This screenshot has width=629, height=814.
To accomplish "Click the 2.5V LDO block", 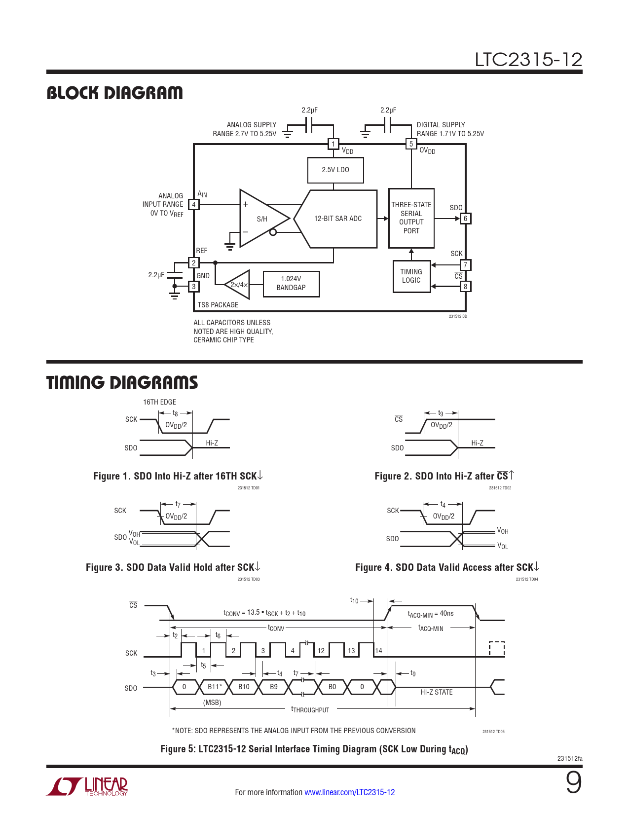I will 335,170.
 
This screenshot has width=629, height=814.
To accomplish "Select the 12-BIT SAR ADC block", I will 337,219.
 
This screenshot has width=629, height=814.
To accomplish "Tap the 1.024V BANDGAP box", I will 291,284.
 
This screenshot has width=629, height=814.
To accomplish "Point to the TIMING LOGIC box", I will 411,276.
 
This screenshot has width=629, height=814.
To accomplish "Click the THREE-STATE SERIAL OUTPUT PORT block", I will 411,218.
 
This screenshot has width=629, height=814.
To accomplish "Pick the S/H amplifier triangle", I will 261,218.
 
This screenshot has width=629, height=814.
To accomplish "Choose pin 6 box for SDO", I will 465,219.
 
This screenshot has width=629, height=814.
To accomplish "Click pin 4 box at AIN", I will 194,205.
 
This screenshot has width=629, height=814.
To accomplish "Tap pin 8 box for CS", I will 465,287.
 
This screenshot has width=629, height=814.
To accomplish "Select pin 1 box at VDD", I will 333,144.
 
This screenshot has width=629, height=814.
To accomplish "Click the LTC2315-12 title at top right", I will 528,60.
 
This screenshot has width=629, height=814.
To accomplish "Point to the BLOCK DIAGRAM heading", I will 114,93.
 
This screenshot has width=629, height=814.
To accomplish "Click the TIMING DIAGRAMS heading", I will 122,382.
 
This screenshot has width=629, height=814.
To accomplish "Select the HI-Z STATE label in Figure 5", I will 436,692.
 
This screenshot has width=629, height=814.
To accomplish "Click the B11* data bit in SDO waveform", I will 214,687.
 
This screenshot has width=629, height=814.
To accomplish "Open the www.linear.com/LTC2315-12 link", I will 349,792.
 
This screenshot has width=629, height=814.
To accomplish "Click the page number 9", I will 573,783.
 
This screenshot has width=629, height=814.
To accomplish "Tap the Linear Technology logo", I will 88,786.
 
